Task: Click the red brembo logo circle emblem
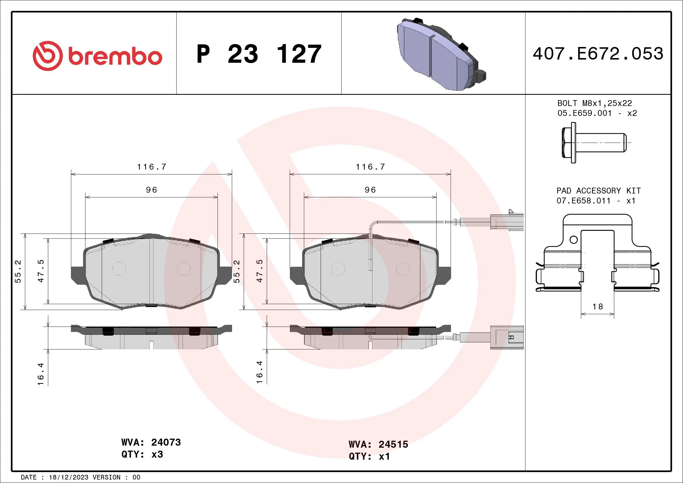[48, 56]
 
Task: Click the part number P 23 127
[259, 54]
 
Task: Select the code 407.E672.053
[598, 54]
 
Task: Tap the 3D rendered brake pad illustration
[440, 55]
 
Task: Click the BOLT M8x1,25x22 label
[594, 103]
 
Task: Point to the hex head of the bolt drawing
[566, 143]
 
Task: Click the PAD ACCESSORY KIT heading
[599, 191]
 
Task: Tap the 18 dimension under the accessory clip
[598, 307]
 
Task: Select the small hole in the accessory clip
[574, 240]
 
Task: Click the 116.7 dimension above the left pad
[151, 167]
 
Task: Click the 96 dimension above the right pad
[370, 190]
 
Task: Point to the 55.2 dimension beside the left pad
[18, 271]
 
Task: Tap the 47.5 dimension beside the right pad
[260, 271]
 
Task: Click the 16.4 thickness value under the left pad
[41, 374]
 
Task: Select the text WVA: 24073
[151, 442]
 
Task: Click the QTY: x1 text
[369, 456]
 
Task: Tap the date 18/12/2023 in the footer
[68, 477]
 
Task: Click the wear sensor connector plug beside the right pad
[507, 222]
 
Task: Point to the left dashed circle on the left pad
[119, 268]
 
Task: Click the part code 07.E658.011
[583, 201]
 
